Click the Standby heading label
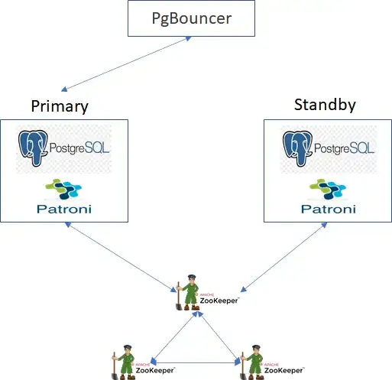click(324, 105)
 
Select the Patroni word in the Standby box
click(326, 209)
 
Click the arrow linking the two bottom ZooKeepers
click(194, 362)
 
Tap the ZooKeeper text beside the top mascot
click(219, 301)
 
